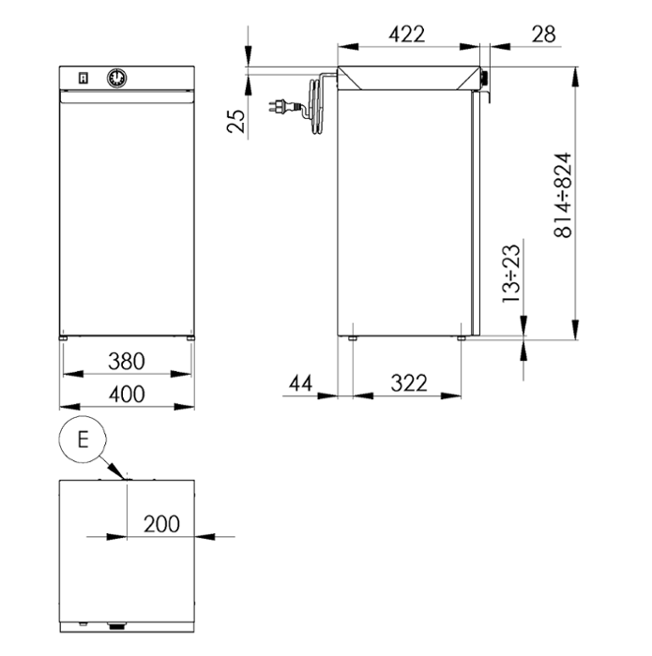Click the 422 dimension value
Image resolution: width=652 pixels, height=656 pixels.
(406, 35)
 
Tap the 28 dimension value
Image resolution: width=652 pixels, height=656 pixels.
(543, 35)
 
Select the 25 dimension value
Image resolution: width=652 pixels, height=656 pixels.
(236, 121)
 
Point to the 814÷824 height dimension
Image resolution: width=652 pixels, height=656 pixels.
(563, 195)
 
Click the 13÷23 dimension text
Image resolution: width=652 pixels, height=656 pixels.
(511, 274)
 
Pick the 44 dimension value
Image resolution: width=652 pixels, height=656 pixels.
(300, 383)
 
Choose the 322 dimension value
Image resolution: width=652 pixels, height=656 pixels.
(409, 383)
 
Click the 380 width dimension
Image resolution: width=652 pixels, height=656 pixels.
(127, 361)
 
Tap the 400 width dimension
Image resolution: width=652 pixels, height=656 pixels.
(127, 395)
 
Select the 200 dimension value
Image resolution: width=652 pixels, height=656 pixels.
(161, 524)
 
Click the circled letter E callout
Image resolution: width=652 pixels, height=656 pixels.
(83, 440)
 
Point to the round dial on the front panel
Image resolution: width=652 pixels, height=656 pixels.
(117, 78)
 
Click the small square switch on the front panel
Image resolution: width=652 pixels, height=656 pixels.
(83, 78)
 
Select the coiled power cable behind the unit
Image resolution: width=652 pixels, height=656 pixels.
(317, 105)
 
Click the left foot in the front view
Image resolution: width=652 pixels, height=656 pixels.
(63, 338)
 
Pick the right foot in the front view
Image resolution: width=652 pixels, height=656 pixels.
(190, 338)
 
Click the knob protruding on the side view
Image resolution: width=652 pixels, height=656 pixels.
(484, 79)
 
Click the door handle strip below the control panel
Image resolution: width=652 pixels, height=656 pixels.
(127, 97)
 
